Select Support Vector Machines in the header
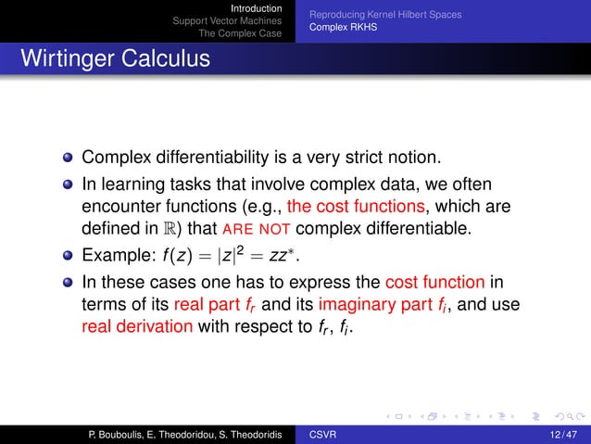coord(228,21)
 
